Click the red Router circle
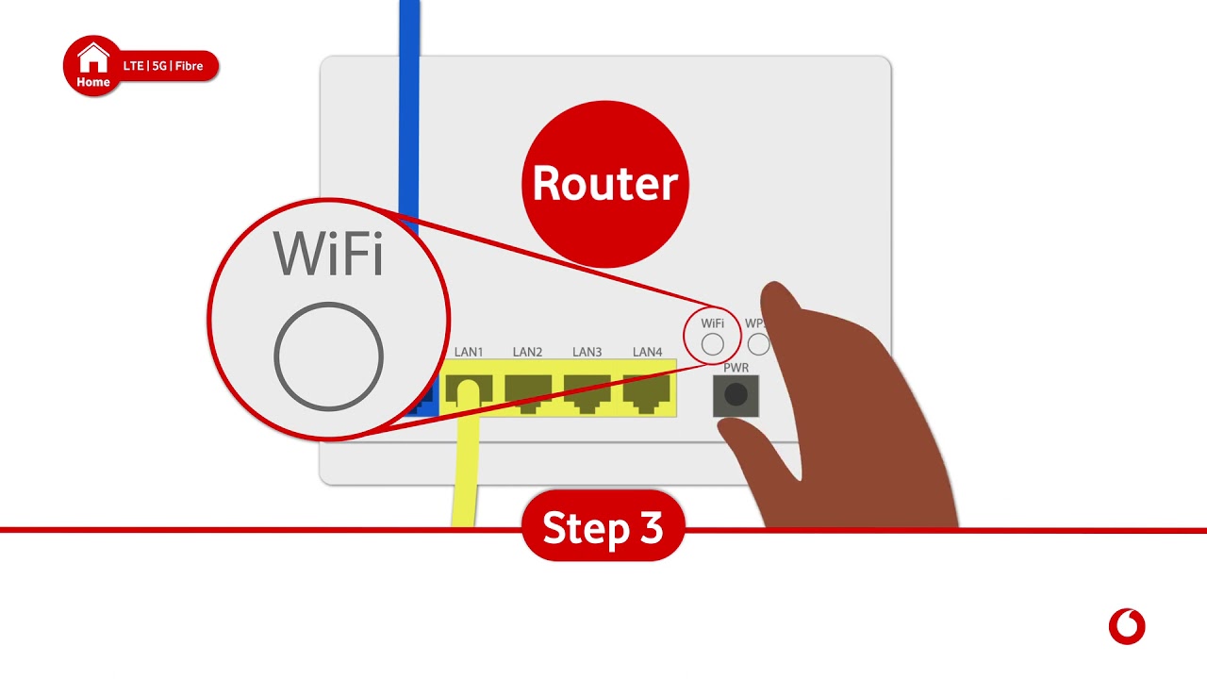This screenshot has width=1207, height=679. pos(604,183)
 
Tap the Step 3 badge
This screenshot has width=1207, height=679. pos(603,528)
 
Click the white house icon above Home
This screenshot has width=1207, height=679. pos(93,58)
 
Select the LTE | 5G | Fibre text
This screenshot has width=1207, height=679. pos(163,66)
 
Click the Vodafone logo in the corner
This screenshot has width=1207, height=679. pos(1127,626)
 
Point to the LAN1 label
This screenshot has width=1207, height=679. pos(469,352)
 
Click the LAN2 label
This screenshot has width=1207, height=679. pos(527,352)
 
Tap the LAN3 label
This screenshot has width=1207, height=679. pos(587,352)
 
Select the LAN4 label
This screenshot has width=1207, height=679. pos(647,352)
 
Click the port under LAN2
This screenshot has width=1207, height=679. pos(528,391)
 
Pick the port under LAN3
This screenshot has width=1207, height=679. pos(587,391)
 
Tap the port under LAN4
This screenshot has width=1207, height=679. pos(647,391)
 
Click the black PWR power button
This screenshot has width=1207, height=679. pos(736,395)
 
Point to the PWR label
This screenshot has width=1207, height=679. pos(736,367)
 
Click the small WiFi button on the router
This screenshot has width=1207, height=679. pos(713,344)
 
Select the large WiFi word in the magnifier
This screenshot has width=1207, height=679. pos(328,253)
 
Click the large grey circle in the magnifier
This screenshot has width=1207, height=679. pos(328,356)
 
